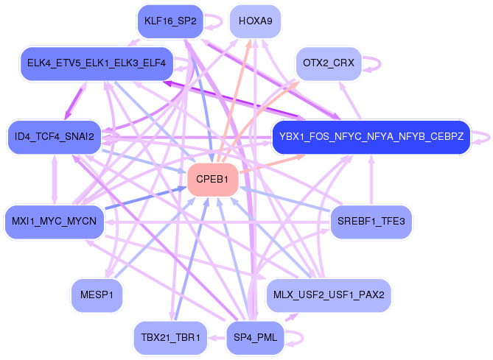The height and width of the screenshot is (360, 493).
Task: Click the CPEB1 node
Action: click(213, 180)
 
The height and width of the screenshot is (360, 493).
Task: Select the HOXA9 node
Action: click(255, 21)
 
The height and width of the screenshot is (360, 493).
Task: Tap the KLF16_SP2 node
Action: click(170, 21)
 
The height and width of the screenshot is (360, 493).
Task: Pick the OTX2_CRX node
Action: click(329, 64)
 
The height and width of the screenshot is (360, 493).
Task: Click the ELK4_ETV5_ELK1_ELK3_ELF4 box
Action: click(97, 64)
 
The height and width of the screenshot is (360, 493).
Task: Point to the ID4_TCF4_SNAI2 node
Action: click(55, 137)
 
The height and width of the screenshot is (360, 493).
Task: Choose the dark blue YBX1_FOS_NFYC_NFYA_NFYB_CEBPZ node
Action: click(371, 137)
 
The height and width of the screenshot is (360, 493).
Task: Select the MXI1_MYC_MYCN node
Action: click(55, 221)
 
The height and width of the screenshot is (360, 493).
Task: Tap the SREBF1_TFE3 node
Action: click(371, 221)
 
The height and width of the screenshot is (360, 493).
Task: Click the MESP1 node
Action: click(97, 296)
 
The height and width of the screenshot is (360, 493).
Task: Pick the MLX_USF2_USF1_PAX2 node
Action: click(329, 296)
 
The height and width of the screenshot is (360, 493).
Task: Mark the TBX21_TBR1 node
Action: click(170, 338)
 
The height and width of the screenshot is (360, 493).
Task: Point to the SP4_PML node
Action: click(255, 338)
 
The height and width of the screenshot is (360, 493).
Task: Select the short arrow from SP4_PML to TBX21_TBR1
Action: click(217, 338)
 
